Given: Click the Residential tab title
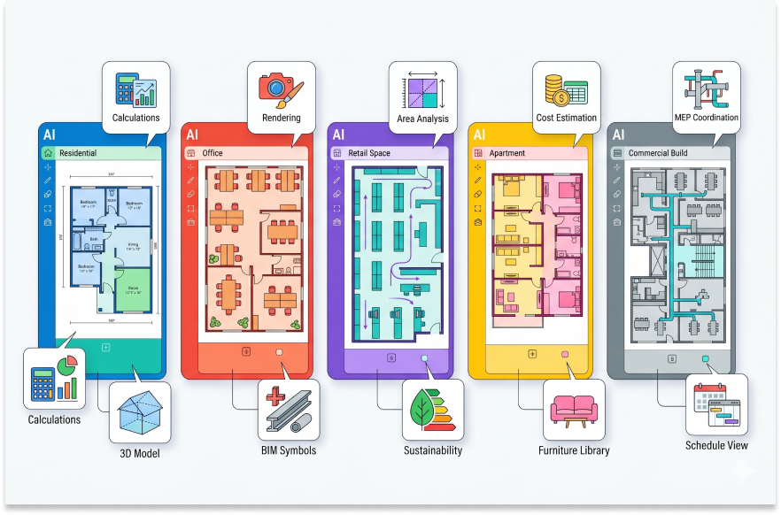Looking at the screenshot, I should tap(78, 153).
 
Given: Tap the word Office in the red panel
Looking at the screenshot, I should tap(213, 153).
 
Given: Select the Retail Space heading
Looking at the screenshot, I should tap(368, 153).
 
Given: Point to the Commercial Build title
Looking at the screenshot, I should tap(658, 153).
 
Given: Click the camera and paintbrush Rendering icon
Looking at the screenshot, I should tap(281, 88).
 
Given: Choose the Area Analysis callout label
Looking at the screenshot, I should tap(423, 119).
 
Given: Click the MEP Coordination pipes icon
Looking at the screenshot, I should tap(706, 88).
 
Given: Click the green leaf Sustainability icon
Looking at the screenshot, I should tap(432, 409).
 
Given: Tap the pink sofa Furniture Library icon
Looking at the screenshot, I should tap(573, 409).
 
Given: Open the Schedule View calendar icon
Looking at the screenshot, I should tap(716, 405).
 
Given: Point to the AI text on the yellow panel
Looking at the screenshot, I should tap(479, 135).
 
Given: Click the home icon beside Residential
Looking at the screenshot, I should tap(48, 153).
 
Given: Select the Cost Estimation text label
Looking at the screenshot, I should tap(567, 118).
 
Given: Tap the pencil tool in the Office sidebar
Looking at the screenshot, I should tap(189, 180).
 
